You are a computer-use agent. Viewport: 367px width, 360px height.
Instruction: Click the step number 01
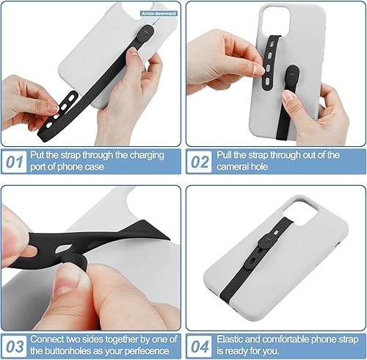15,161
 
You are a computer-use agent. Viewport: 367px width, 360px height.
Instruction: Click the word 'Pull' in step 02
226,155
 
